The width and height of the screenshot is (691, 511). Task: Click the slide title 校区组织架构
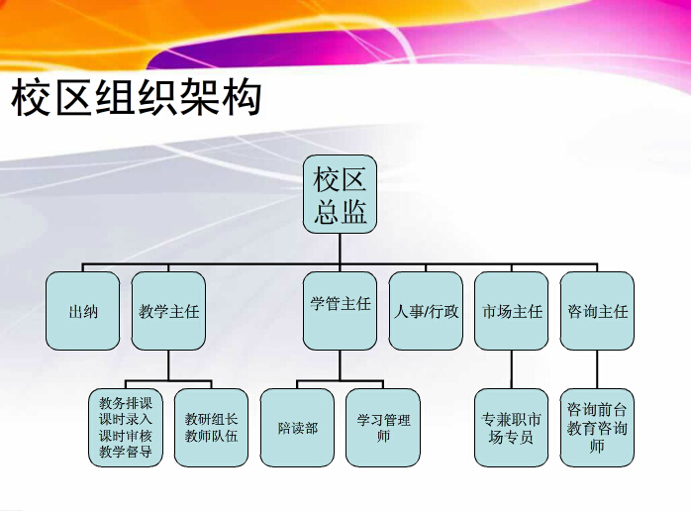137,97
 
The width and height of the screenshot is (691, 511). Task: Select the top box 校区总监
340,194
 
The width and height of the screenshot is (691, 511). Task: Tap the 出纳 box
82,311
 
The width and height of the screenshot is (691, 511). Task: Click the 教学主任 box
168,311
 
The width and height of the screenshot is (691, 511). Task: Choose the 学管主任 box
340,311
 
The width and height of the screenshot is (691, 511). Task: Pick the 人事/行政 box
426,311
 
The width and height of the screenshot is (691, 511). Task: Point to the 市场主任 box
511,311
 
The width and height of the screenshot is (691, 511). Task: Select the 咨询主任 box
597,311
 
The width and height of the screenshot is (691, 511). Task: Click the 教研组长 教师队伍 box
211,428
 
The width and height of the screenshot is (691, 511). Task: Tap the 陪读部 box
297,428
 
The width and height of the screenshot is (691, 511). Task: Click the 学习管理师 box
383,428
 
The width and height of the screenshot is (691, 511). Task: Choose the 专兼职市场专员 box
511,428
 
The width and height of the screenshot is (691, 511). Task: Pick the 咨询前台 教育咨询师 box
597,428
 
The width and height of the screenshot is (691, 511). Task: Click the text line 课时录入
126,419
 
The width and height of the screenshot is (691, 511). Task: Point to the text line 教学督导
126,452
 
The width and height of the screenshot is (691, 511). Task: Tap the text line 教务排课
126,402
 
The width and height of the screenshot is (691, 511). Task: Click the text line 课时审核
126,436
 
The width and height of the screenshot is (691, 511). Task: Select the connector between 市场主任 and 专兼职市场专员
511,369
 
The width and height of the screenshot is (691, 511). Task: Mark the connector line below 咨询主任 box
597,369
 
